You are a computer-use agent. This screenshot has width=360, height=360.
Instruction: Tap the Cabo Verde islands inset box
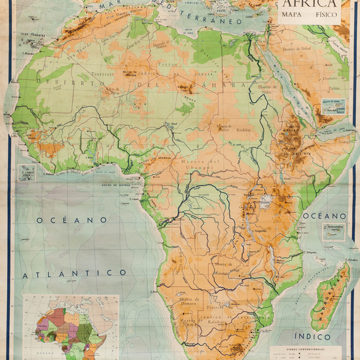click(27, 171)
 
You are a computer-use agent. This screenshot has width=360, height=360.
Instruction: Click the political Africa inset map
click(71, 325)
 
